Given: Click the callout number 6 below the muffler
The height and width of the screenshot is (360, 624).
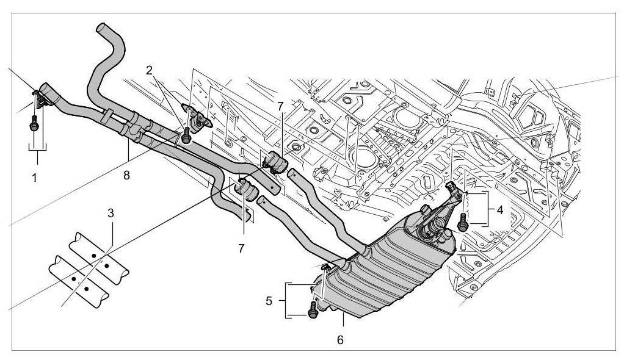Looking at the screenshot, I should (340, 339).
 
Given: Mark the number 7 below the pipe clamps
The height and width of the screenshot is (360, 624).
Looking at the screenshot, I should (242, 248).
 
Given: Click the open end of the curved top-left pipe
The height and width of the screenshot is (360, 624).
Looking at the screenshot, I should (103, 28).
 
